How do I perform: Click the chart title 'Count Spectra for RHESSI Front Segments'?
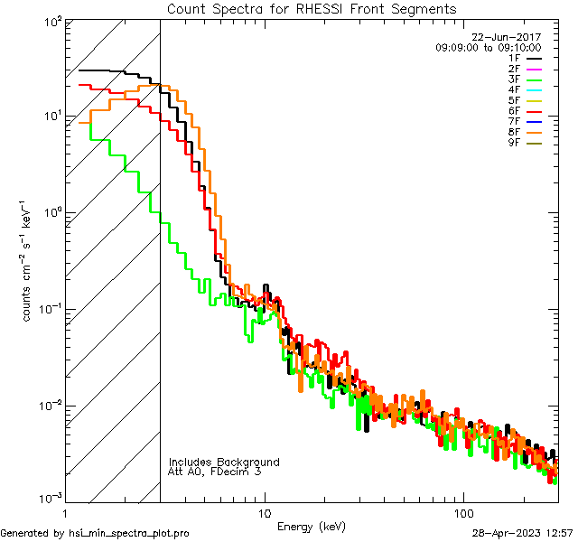312,9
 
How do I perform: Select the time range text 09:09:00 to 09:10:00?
488,48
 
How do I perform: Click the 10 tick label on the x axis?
265,512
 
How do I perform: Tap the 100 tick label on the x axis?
462,512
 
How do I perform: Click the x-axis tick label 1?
66,512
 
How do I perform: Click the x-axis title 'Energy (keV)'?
312,527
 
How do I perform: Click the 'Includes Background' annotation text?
224,463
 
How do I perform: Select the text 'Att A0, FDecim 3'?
215,472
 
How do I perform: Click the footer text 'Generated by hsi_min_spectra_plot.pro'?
96,533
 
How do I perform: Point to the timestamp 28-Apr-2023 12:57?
522,533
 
